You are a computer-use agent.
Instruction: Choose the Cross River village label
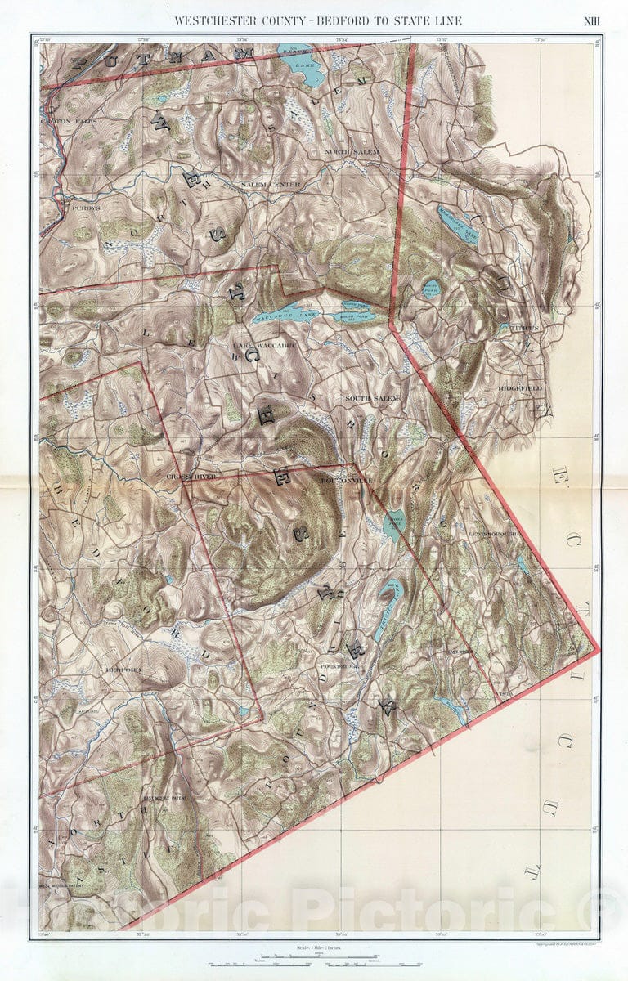[190, 476]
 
